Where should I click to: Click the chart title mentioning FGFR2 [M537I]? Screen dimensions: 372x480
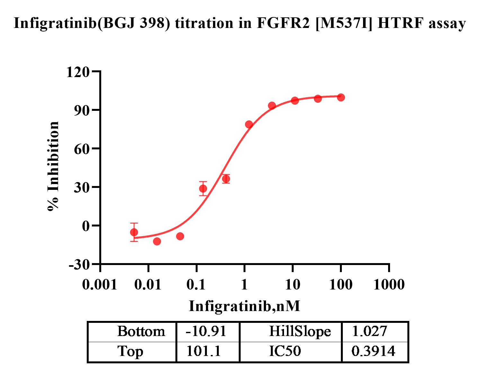[x=240, y=24]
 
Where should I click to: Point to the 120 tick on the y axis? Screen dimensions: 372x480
[x=77, y=72]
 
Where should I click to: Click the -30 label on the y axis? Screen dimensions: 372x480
[x=79, y=265]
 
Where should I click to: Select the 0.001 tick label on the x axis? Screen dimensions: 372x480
[x=100, y=285]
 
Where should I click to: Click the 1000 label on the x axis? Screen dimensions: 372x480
[x=389, y=285]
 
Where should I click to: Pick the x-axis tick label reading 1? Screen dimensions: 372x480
[x=244, y=285]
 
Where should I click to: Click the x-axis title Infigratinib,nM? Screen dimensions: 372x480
[x=244, y=306]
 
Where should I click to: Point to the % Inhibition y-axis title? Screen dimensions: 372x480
[x=53, y=166]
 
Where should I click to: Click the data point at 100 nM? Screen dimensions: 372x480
[x=341, y=97]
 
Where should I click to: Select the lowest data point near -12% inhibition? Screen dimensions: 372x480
[x=157, y=241]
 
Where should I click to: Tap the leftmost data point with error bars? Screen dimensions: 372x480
[x=134, y=232]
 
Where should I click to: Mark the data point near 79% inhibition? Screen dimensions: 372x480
[x=249, y=124]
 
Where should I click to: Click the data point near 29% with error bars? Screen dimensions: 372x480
[x=203, y=189]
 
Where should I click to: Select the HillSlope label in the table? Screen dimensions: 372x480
[x=299, y=332]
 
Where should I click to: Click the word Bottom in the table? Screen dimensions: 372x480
[x=141, y=332]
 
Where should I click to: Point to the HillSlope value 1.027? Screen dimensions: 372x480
[x=369, y=332]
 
